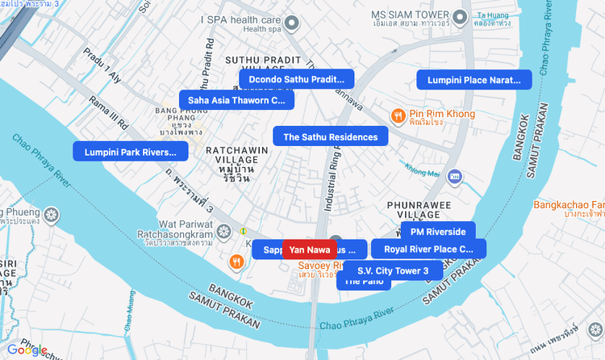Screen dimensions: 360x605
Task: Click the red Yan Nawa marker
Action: pos(310,249)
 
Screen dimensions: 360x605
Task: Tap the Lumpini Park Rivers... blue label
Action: pos(131,151)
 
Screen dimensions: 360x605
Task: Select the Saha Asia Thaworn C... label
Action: pos(236,100)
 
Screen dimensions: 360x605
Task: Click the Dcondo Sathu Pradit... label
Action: pos(296,79)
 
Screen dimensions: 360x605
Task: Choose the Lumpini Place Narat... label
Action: pos(474,79)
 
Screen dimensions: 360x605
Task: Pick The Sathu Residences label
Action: pos(330,136)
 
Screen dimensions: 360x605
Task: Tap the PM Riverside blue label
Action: pos(438,232)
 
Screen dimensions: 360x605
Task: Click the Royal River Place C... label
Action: pos(428,249)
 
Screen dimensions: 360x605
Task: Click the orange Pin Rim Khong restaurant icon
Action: pos(398,115)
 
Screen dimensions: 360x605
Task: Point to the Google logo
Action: pos(27,350)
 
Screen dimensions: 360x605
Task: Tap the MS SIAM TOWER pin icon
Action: pos(461,15)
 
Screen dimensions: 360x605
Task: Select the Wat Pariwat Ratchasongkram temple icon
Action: pos(224,231)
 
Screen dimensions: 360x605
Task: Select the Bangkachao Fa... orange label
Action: pos(569,205)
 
